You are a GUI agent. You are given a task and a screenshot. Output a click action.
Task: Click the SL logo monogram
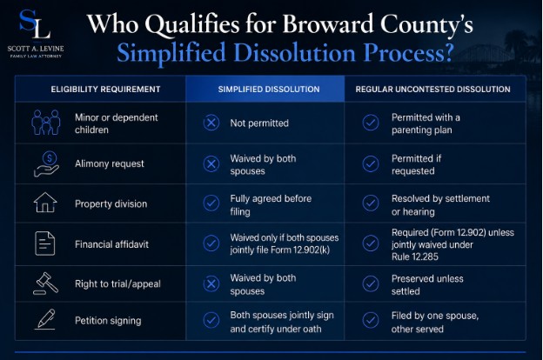click(x=35, y=24)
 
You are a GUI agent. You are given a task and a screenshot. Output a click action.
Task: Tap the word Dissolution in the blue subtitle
click(x=294, y=53)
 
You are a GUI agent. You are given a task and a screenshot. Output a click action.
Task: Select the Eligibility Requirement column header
click(x=105, y=90)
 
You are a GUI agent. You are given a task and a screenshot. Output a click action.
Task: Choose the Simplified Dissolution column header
click(x=269, y=90)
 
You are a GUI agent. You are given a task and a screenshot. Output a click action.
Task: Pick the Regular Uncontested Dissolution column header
click(x=432, y=90)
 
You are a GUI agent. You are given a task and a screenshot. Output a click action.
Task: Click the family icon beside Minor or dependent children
click(x=46, y=123)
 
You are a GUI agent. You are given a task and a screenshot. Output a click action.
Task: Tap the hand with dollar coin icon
click(x=47, y=164)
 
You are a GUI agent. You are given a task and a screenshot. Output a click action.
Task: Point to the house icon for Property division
click(x=45, y=202)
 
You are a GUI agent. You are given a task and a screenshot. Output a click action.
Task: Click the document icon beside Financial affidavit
click(x=45, y=243)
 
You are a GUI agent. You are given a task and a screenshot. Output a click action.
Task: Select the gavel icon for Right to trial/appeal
click(x=46, y=283)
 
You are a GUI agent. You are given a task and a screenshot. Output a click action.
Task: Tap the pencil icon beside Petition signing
click(x=45, y=319)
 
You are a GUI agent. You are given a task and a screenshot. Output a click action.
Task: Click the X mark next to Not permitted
click(x=211, y=123)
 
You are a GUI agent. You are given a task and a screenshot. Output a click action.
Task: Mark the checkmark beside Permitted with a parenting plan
click(x=371, y=123)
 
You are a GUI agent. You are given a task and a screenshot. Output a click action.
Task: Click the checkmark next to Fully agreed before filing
click(x=211, y=203)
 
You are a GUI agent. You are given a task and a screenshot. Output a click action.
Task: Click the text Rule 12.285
click(x=415, y=257)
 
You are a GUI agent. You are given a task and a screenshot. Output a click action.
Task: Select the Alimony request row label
click(x=110, y=163)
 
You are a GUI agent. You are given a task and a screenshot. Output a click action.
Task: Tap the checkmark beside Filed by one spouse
click(x=371, y=320)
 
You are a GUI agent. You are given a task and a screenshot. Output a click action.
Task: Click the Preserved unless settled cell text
click(x=427, y=285)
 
